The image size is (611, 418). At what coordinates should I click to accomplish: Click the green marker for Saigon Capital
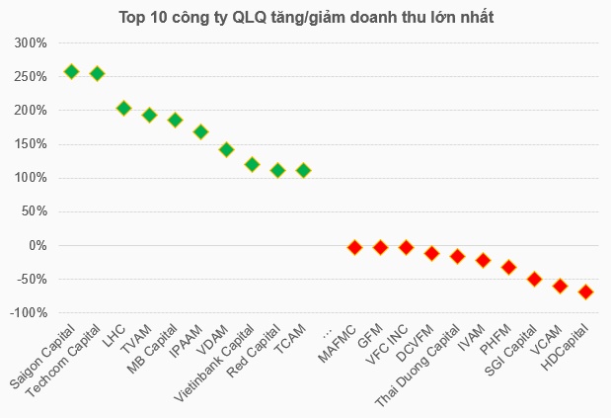[71, 71]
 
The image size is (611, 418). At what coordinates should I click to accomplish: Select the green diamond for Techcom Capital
[97, 73]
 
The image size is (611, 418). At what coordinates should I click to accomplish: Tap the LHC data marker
[123, 108]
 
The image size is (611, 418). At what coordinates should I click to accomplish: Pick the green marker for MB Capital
[175, 120]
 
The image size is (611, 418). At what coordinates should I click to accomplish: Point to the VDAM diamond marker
[226, 149]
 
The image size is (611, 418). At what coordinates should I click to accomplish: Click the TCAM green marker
[303, 170]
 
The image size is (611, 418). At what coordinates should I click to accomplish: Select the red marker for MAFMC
[354, 247]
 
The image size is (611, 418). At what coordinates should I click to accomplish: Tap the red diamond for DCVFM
[431, 253]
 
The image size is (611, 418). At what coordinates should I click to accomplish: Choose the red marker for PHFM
[508, 267]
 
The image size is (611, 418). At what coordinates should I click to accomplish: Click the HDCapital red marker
[585, 292]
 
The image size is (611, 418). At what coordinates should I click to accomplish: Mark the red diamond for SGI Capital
[534, 279]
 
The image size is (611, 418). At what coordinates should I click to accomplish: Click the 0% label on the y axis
[38, 245]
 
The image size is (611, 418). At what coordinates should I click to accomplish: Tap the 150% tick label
[31, 144]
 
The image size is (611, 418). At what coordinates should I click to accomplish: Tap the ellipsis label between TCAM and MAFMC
[329, 330]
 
